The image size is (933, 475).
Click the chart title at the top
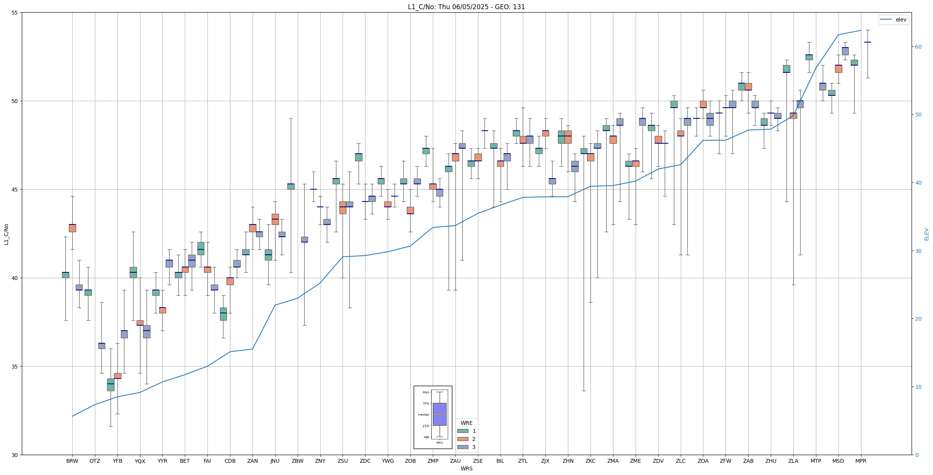click(466, 7)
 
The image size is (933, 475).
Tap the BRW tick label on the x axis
click(72, 461)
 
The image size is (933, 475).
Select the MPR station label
click(861, 461)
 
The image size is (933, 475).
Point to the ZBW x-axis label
click(297, 461)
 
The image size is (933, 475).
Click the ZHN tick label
click(568, 461)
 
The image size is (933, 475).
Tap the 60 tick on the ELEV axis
click(918, 47)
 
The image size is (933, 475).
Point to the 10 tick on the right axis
click(918, 387)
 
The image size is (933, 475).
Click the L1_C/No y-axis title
click(6, 234)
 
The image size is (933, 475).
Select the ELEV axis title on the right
click(926, 234)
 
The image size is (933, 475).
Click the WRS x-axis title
click(466, 468)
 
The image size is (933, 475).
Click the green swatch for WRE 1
click(463, 431)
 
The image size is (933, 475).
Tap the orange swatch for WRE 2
click(463, 439)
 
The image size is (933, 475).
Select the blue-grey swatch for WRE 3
click(463, 447)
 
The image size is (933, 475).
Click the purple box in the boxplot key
click(439, 414)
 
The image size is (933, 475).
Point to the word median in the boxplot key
click(423, 414)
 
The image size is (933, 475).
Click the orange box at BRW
click(72, 228)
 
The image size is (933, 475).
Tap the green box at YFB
click(111, 385)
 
